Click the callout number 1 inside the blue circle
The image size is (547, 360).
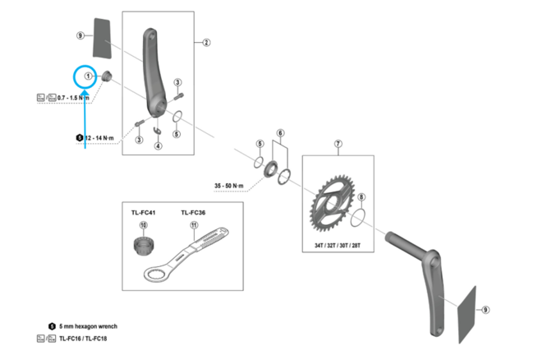85,76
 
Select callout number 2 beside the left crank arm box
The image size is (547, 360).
205,42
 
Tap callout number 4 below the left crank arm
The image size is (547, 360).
158,146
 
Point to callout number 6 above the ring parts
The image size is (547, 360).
280,132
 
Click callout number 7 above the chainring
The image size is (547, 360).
337,145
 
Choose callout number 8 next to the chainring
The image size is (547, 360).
362,198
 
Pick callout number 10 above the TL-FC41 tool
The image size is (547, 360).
142,226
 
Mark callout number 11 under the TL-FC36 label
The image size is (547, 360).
193,226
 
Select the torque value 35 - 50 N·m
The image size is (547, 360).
230,186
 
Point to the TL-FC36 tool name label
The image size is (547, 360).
193,212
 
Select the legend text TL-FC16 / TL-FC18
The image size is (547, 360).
82,339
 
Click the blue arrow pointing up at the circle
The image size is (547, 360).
85,123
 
